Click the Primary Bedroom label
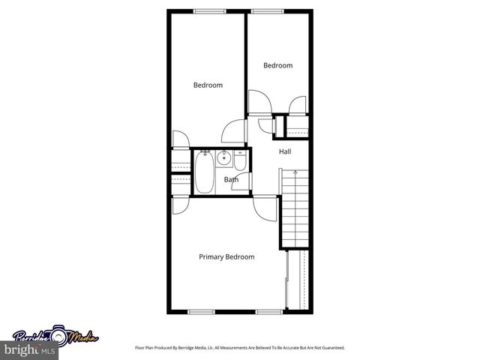pos(226,256)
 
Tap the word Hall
pos(285,152)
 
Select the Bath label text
pos(232,179)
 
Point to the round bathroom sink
pos(223,157)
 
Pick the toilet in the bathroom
pos(239,160)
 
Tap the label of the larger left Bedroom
pos(208,85)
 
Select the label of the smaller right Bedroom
pos(277,66)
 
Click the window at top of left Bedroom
pos(210,10)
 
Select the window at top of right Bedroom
pos(263,10)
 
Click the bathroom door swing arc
pos(241,182)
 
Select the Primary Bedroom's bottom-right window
pos(268,311)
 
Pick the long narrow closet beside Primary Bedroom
pos(302,279)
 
